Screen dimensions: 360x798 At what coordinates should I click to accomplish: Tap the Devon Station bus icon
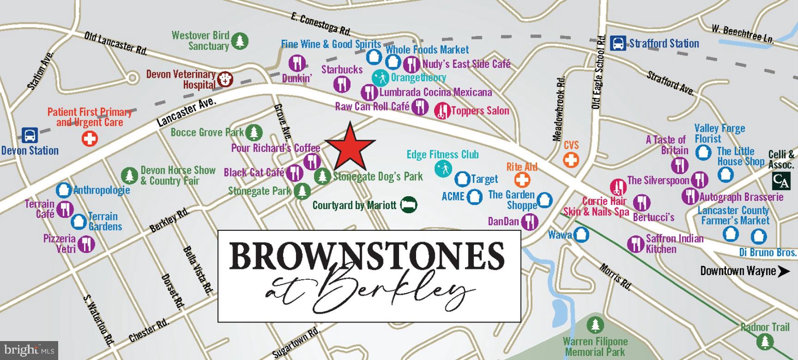(x=30, y=136)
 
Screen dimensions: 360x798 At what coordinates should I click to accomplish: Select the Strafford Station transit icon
(x=618, y=43)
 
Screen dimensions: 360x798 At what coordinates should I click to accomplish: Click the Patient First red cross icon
(x=90, y=138)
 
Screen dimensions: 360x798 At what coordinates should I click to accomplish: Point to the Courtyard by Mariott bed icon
(x=409, y=204)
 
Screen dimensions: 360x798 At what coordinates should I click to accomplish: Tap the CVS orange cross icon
(x=571, y=160)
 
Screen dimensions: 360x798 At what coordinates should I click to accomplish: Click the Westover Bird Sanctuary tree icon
(x=239, y=41)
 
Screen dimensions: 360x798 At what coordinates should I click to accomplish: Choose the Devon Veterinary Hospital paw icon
(x=225, y=79)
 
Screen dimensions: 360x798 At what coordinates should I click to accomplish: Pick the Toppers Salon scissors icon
(x=442, y=110)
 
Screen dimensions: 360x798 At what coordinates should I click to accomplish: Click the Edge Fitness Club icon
(x=442, y=169)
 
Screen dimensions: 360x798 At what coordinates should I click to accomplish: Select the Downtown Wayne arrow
(x=784, y=271)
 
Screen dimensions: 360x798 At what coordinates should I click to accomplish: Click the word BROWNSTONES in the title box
(x=367, y=255)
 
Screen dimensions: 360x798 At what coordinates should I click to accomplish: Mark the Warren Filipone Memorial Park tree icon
(x=595, y=325)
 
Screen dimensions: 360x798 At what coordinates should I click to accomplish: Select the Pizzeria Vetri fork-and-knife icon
(x=86, y=244)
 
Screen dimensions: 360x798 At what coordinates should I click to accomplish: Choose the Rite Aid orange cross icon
(x=523, y=180)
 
